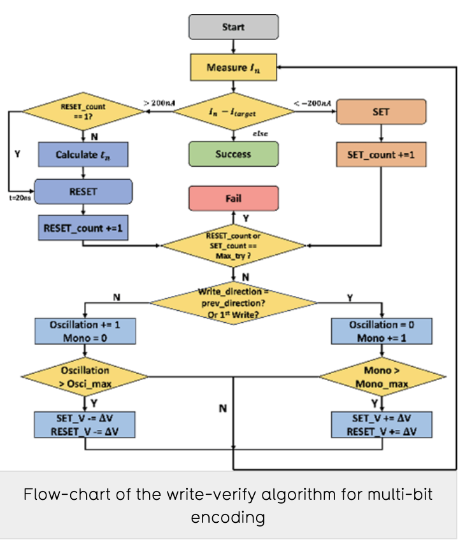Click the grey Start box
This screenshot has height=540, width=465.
tap(233, 27)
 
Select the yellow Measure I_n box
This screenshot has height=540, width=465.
tap(233, 67)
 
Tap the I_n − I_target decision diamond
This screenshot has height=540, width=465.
tap(233, 112)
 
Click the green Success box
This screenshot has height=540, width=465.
tap(233, 154)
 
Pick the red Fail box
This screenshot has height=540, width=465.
tap(233, 198)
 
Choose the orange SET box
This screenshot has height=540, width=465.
tap(381, 112)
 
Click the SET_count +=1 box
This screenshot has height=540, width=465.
tap(381, 154)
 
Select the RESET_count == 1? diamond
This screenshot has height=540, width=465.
tap(83, 112)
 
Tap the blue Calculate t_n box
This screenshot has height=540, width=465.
tap(83, 154)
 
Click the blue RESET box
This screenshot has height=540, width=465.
tap(83, 190)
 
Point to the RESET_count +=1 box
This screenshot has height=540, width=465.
tap(83, 227)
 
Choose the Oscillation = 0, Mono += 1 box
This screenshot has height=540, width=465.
tap(382, 331)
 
